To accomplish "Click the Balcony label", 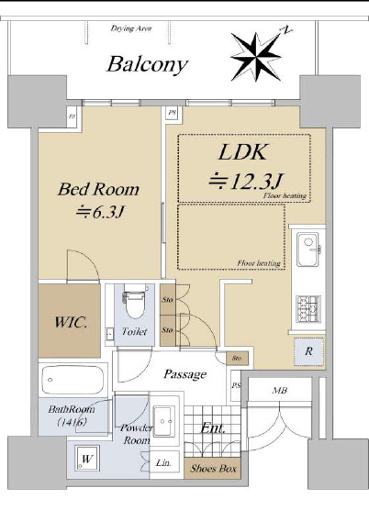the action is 148,65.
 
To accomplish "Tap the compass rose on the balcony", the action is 257,57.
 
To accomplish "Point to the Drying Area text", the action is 131,28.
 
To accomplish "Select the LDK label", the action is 243,152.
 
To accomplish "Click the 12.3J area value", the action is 246,181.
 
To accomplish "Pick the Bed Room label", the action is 98,189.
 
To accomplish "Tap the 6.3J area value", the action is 100,212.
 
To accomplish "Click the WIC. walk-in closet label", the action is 72,322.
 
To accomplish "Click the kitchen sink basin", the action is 307,249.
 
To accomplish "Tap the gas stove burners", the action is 308,309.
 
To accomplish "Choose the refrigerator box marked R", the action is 308,351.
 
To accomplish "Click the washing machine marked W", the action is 86,459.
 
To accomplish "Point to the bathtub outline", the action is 73,380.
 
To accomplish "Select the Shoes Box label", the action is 213,469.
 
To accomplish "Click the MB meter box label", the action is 280,391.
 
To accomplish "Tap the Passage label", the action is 184,374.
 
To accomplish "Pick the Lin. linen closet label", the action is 163,462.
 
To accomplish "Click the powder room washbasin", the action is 164,421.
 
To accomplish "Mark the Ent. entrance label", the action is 213,428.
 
